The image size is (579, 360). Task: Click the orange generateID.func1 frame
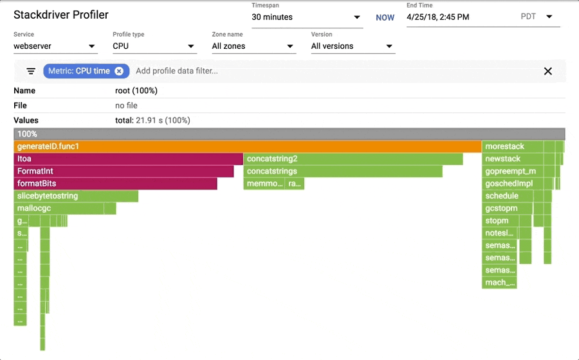(248, 147)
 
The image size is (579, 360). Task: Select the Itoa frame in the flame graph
(129, 159)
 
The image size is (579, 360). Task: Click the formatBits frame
(115, 184)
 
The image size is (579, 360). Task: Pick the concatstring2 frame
(353, 159)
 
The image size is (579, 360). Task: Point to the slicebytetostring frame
(76, 196)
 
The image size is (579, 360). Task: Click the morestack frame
(512, 147)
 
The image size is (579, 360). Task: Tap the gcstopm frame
(508, 208)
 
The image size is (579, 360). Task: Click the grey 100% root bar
(289, 134)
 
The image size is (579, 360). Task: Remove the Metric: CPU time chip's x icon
(119, 71)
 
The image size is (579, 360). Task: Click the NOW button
(385, 17)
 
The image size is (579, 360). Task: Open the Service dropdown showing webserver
(55, 46)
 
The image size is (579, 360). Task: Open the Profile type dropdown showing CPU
(154, 46)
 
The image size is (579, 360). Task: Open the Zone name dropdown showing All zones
(253, 46)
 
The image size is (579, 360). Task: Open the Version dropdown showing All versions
(352, 46)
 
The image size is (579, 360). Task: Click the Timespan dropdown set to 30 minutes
(306, 17)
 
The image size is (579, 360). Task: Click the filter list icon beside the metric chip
(30, 71)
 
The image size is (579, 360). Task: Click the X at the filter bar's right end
(548, 71)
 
